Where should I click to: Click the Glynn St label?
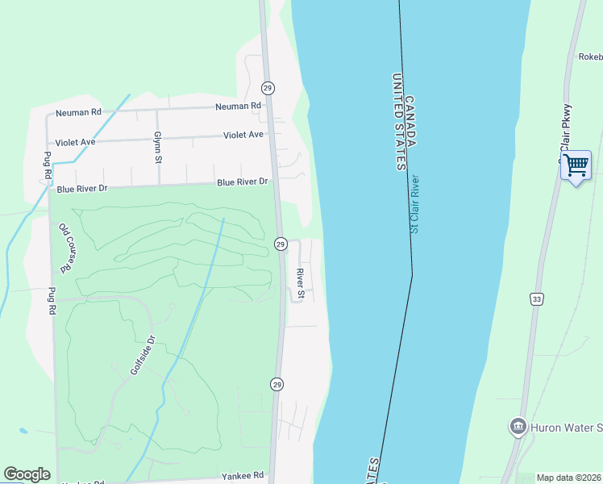[158, 148]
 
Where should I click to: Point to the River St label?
[300, 283]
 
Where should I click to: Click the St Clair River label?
[415, 204]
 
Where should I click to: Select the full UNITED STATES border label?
[397, 121]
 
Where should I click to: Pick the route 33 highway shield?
[537, 299]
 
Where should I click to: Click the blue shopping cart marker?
[576, 166]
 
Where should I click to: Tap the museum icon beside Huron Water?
[518, 426]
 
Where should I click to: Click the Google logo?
[27, 474]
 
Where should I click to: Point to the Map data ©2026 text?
[569, 478]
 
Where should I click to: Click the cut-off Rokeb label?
[590, 56]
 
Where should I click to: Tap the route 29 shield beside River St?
[280, 244]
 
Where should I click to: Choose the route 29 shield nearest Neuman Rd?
[268, 87]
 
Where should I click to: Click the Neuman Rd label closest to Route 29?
[238, 106]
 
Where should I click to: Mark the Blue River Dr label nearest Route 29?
[242, 182]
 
